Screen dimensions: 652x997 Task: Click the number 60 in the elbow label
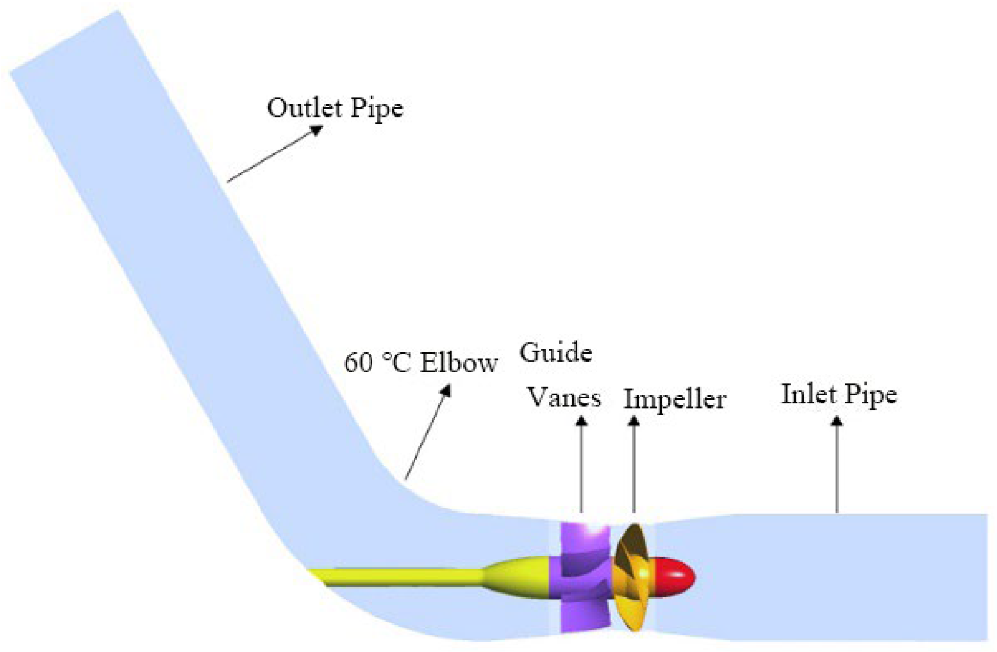358,363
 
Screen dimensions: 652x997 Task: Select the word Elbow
459,363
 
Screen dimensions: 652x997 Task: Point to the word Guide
556,353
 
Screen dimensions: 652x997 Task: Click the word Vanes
564,398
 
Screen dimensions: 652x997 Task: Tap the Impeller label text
674,400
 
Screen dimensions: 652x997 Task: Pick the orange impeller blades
632,576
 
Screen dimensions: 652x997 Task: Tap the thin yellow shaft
400,577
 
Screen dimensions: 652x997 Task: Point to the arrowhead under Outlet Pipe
317,130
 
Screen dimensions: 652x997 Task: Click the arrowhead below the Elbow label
446,390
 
